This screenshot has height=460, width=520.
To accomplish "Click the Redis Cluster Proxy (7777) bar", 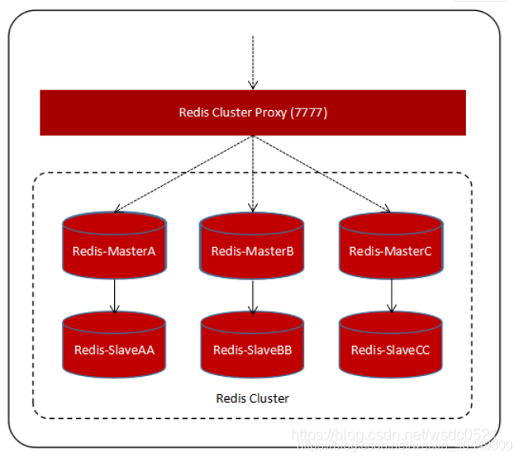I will click(x=253, y=112).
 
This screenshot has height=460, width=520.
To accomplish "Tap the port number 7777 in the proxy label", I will click(x=308, y=112).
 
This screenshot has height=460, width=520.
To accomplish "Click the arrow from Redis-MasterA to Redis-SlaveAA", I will click(x=114, y=296).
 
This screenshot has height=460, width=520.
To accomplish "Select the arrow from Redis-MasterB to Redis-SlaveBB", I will click(x=253, y=296).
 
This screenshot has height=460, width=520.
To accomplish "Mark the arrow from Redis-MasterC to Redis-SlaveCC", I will click(x=391, y=296).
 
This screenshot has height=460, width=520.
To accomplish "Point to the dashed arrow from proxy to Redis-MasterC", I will click(x=322, y=173).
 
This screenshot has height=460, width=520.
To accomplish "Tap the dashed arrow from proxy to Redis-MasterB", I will click(x=253, y=174).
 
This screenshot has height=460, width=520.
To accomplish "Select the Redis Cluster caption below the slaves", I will click(x=253, y=398).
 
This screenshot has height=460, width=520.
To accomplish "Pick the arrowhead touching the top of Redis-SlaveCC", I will click(x=391, y=311).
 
